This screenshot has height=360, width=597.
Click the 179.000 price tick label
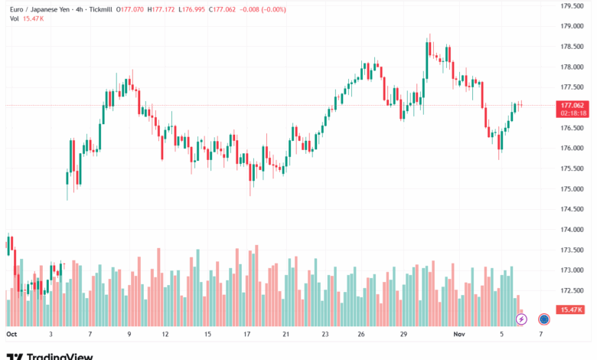(x=573, y=26)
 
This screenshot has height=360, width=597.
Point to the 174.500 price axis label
(x=573, y=208)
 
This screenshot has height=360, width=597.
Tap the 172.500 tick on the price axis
(x=573, y=290)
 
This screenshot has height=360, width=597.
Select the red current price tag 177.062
(x=573, y=105)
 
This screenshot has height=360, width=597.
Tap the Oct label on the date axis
(x=11, y=334)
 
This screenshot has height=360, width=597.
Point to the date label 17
(x=247, y=334)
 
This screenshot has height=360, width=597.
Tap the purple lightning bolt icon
(x=521, y=319)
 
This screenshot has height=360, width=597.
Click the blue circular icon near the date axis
(x=544, y=319)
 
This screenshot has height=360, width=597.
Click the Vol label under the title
(x=15, y=18)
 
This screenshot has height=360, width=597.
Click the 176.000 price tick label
(x=573, y=148)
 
